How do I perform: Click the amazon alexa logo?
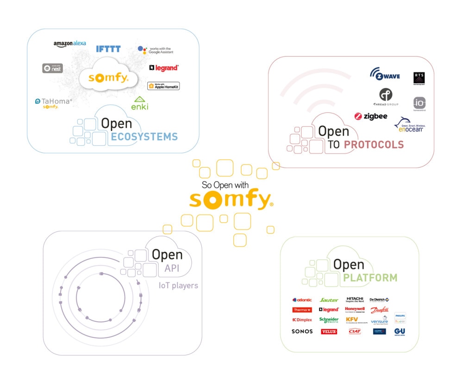tap(69, 44)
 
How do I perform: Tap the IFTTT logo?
tap(108, 49)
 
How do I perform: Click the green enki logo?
tap(139, 104)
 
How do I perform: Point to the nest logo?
tap(52, 68)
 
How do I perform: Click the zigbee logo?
tap(371, 116)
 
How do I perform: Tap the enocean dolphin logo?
tap(409, 125)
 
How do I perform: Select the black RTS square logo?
tap(419, 78)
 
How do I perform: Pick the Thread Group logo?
tap(386, 96)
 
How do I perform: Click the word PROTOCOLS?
tap(374, 145)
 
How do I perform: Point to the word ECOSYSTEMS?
tap(144, 137)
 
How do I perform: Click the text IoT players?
tap(178, 285)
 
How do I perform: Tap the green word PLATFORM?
tap(370, 278)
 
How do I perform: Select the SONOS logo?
tap(302, 331)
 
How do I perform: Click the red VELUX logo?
tap(329, 331)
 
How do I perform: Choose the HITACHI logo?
tap(355, 299)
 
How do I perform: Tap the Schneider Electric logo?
tap(329, 320)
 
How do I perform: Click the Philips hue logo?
tap(400, 318)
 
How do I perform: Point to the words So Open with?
tap(225, 185)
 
